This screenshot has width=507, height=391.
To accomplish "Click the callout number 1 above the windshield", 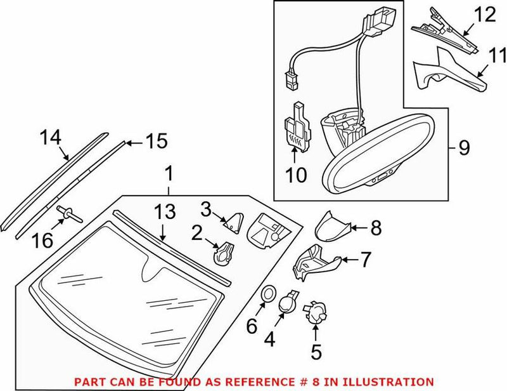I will pos(168,172).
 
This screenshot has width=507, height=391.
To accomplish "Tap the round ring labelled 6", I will pos(268,293).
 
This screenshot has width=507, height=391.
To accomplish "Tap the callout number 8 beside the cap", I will pos(376,229).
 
